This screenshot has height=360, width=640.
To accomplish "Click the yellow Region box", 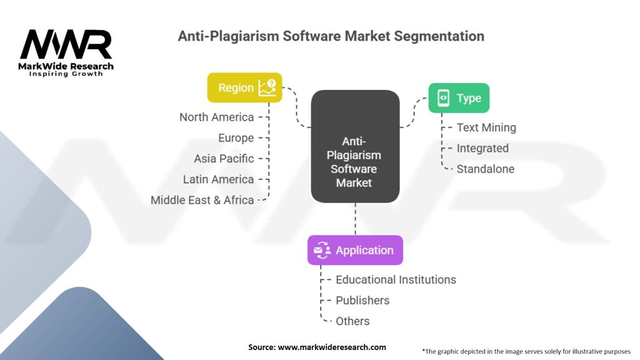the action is click(x=244, y=87).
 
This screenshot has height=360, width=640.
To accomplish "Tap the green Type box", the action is click(x=459, y=98).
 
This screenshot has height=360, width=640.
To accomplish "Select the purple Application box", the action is click(x=355, y=250).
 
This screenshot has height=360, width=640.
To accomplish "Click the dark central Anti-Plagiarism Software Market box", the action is click(x=355, y=146).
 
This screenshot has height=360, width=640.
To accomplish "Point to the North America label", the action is click(x=217, y=117).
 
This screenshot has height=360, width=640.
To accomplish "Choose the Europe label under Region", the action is click(x=236, y=138).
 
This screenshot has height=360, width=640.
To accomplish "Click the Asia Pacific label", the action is click(x=224, y=158).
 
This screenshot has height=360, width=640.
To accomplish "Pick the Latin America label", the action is click(x=218, y=179).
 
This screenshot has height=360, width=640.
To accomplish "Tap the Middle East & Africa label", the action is click(x=202, y=200).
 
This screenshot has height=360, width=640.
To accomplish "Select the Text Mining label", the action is click(x=486, y=127).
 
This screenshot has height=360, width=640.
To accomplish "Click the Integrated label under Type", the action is click(x=482, y=148).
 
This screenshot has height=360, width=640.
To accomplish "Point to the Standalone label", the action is click(x=485, y=169).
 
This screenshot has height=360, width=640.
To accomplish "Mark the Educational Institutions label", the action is click(x=396, y=279).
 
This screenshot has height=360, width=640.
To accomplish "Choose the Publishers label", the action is click(x=362, y=301).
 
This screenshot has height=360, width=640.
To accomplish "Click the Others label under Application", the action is click(x=352, y=321).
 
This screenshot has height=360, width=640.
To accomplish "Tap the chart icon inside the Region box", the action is click(x=267, y=87).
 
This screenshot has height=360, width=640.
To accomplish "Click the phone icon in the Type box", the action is click(x=443, y=98).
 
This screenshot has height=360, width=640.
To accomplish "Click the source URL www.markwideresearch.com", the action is click(x=332, y=347).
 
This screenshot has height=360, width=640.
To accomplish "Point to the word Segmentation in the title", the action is click(x=439, y=36).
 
